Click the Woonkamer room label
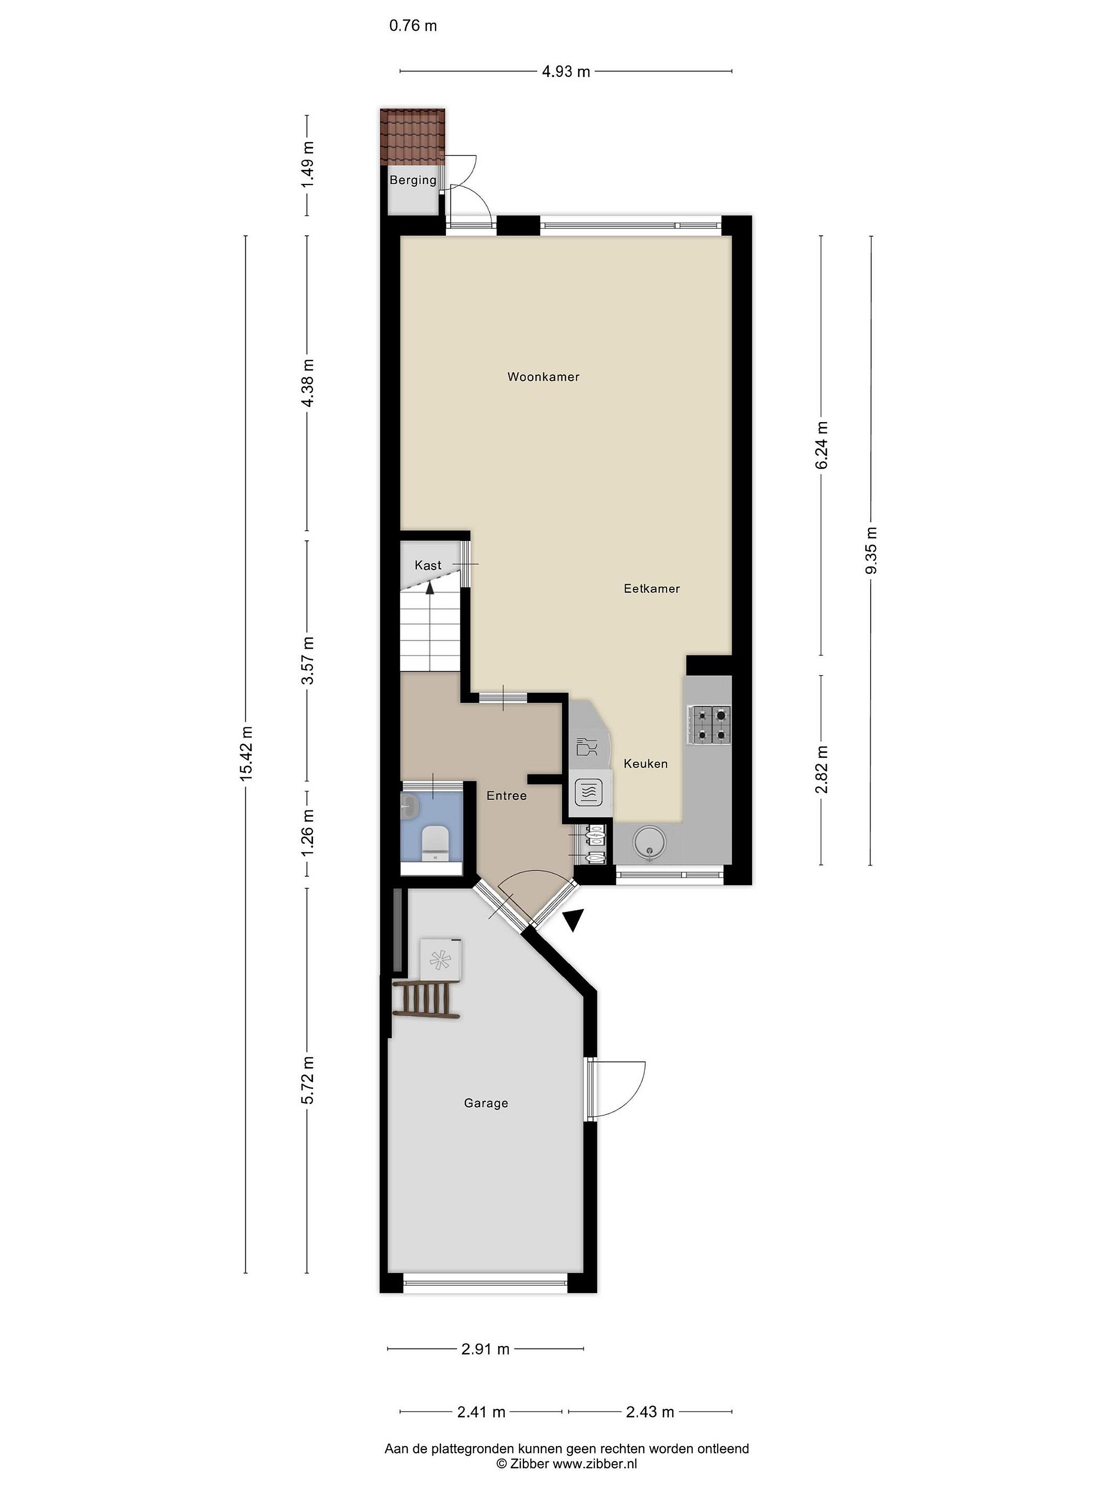click(x=543, y=377)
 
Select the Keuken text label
click(x=645, y=764)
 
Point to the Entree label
click(x=506, y=796)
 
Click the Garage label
click(x=486, y=1103)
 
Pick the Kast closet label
click(x=428, y=566)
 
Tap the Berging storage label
click(x=413, y=180)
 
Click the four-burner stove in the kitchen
click(x=708, y=724)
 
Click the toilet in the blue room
click(x=434, y=844)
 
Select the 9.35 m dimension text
click(x=871, y=551)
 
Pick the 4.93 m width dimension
click(x=566, y=71)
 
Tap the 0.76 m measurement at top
click(x=413, y=25)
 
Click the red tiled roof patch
click(x=412, y=136)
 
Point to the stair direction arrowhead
click(x=429, y=588)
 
